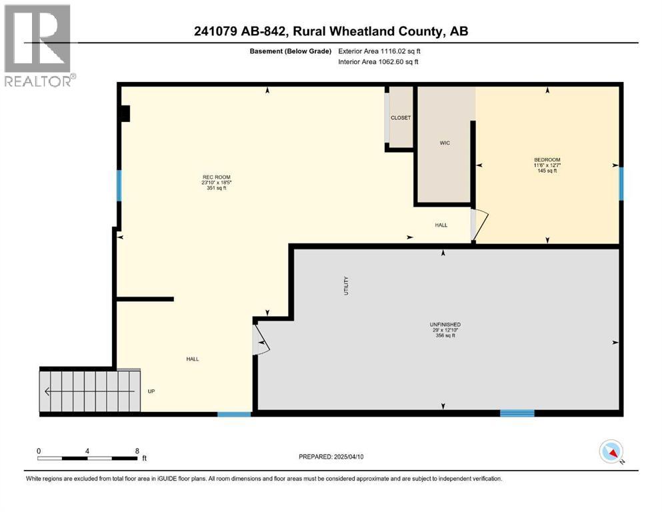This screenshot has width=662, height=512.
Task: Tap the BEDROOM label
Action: [547, 159]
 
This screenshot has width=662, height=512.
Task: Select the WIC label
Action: [445, 143]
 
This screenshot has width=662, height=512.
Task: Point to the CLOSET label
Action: [401, 118]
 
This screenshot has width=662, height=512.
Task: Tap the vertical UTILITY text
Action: [345, 286]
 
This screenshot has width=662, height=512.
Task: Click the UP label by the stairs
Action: [151, 391]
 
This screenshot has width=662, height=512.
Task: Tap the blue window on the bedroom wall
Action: [621, 183]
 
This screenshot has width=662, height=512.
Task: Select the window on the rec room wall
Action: [119, 185]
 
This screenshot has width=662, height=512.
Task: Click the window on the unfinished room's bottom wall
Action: [517, 413]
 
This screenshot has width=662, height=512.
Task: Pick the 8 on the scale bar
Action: [137, 451]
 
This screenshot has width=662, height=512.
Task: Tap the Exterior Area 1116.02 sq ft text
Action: [379, 51]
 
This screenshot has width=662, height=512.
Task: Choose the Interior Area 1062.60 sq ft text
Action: [379, 62]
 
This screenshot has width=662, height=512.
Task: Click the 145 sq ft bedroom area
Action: [547, 171]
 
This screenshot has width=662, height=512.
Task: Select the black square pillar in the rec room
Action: [124, 114]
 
